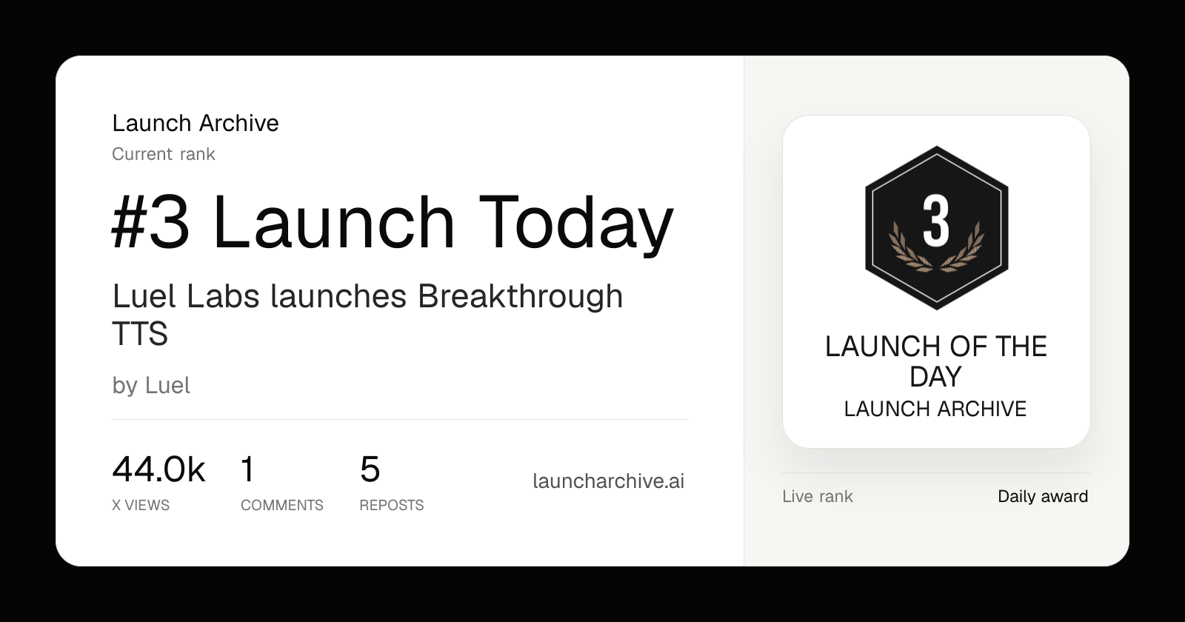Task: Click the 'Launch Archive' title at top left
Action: click(x=196, y=123)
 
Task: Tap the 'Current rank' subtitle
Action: click(x=164, y=154)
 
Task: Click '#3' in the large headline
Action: click(x=151, y=222)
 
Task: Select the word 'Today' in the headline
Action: click(x=576, y=225)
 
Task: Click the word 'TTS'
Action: click(x=140, y=333)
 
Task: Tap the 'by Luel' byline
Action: click(x=151, y=386)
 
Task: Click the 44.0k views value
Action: click(x=158, y=469)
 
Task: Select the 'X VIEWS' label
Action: click(x=141, y=505)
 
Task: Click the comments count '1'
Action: click(x=247, y=469)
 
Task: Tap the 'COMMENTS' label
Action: click(x=282, y=505)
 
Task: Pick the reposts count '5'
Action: click(x=370, y=469)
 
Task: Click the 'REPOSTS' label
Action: click(x=392, y=505)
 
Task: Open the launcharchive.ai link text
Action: click(x=608, y=481)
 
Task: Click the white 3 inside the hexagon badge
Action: click(x=936, y=221)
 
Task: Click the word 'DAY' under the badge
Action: click(x=935, y=377)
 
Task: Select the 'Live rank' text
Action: click(x=818, y=497)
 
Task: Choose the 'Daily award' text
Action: click(x=1043, y=497)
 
